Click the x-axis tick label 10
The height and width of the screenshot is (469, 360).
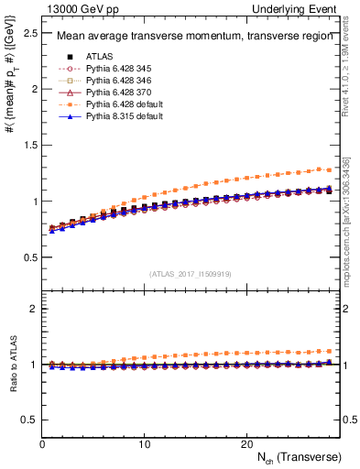point(144,444)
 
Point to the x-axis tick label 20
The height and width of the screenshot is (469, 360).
point(245,444)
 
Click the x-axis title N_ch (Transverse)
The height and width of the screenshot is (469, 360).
point(298,456)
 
